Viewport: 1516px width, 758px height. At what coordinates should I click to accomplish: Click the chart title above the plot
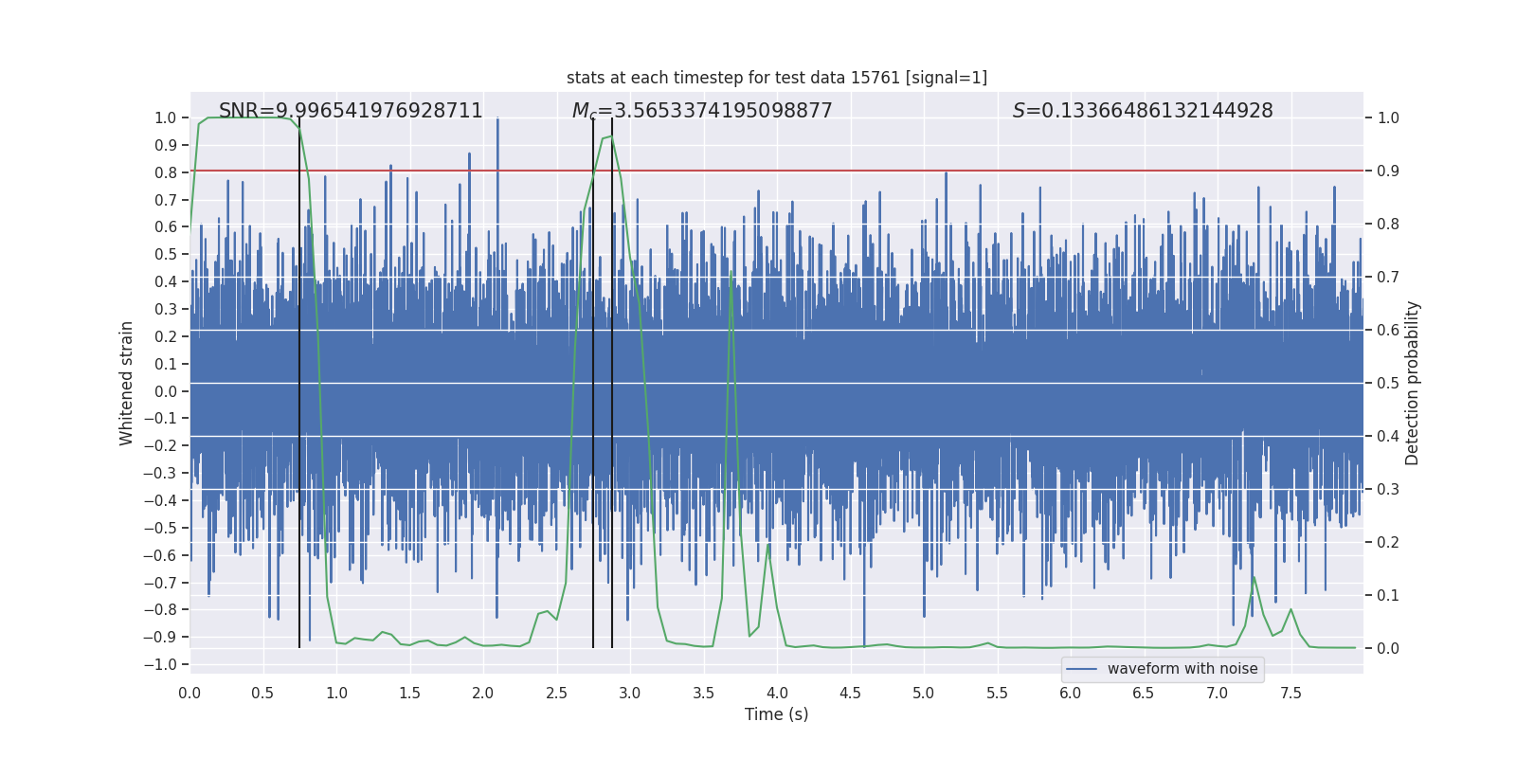click(x=776, y=78)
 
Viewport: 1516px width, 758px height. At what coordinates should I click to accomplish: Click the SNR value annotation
click(x=351, y=111)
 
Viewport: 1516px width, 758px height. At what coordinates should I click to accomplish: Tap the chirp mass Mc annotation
click(x=702, y=111)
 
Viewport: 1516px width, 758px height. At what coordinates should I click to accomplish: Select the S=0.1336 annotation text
click(x=1143, y=111)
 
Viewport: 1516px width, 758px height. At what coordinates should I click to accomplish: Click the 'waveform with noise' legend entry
click(x=1163, y=669)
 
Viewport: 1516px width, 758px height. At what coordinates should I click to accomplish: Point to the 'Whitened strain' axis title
click(x=127, y=383)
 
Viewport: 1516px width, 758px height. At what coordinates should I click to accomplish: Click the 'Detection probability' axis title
click(x=1413, y=383)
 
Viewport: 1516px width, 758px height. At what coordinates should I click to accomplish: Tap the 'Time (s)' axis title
click(x=776, y=714)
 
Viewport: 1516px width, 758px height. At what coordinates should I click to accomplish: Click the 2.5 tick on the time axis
click(x=556, y=693)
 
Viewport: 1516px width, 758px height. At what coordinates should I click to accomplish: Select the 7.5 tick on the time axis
click(x=1290, y=693)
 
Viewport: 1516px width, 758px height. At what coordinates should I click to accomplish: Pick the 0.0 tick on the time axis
click(x=189, y=693)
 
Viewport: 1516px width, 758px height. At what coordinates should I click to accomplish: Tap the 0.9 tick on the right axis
click(x=1388, y=171)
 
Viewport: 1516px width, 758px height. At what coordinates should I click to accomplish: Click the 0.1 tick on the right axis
click(x=1388, y=595)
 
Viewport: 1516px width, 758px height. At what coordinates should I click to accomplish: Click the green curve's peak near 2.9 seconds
click(x=611, y=137)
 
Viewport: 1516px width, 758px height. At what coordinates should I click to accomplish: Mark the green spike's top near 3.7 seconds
click(x=731, y=271)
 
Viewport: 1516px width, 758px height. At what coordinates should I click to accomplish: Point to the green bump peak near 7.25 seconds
click(x=1254, y=576)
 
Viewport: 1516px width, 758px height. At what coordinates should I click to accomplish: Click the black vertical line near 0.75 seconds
click(x=299, y=379)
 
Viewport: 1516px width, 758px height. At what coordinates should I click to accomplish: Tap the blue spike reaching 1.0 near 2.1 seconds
click(x=497, y=119)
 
